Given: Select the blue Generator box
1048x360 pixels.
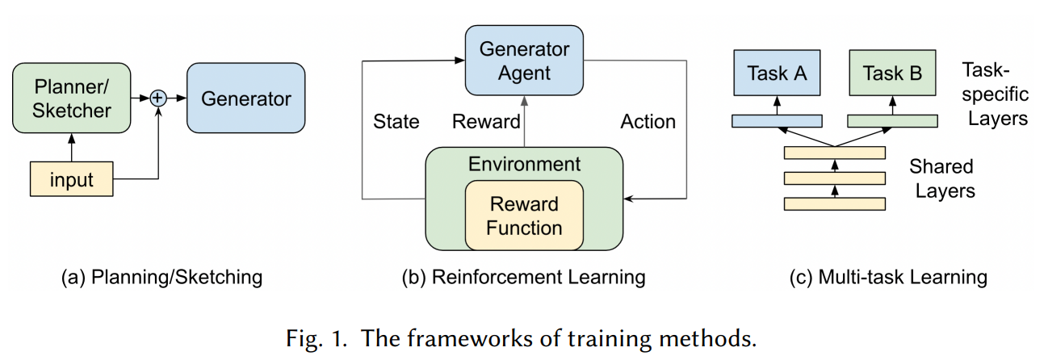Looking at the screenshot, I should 246,98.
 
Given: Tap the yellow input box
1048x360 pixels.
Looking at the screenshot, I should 71,179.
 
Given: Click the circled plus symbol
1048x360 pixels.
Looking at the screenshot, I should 158,98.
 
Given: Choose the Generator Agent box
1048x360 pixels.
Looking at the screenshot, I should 524,61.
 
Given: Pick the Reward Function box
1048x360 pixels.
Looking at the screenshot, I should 524,216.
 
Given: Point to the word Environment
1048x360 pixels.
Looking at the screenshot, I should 524,165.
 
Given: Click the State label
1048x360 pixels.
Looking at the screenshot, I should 396,122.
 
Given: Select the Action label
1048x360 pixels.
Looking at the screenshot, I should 648,122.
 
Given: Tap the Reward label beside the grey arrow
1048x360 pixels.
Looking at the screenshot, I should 486,122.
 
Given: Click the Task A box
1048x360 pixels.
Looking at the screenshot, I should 777,74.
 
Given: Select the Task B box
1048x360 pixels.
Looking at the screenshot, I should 892,74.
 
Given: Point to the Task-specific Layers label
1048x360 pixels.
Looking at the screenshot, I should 996,96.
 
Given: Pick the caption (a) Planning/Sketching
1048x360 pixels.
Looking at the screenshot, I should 161,278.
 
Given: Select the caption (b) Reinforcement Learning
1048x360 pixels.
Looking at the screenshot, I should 524,278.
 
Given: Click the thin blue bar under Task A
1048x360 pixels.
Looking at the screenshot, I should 777,121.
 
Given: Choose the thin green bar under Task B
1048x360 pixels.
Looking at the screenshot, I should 892,121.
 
